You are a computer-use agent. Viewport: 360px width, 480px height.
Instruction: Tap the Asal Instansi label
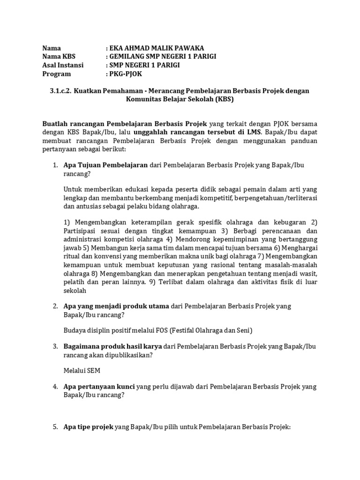[x=63, y=65]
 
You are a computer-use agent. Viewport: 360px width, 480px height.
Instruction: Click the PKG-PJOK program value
[x=126, y=74]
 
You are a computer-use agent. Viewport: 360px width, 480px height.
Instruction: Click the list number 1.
[x=54, y=165]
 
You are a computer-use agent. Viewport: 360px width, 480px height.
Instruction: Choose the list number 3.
[x=54, y=346]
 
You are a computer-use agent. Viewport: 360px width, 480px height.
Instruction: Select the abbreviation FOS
[x=157, y=330]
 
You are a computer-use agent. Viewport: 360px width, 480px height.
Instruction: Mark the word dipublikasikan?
[x=130, y=355]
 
